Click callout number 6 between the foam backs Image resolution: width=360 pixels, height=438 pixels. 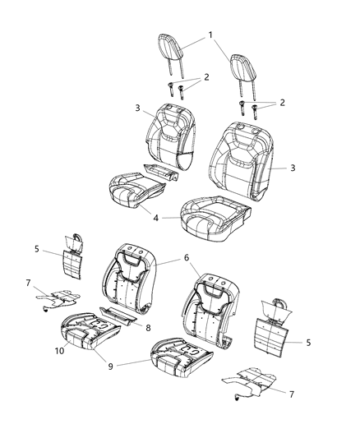click(186, 257)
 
